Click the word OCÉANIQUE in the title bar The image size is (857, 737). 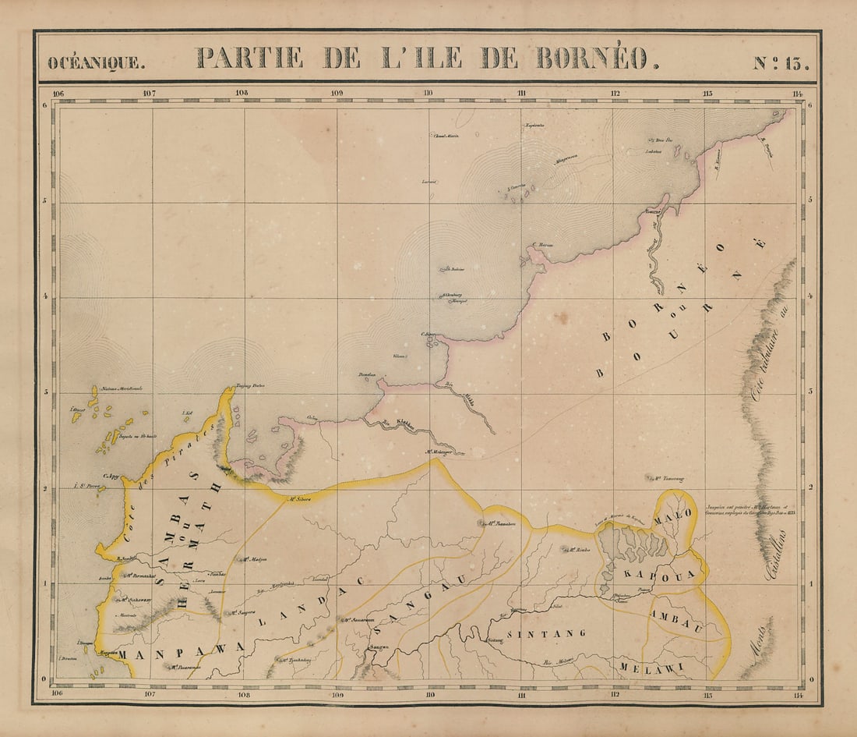[x=96, y=62]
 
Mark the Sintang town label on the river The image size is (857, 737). [x=496, y=641]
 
